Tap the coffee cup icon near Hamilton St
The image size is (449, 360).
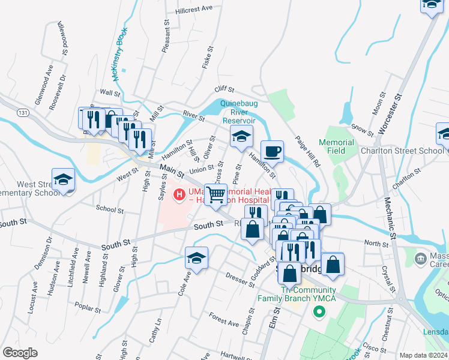point(272,152)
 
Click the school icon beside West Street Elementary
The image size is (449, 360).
point(63,179)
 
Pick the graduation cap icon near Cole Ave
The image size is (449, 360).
point(197,258)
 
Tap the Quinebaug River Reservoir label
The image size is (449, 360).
point(239,112)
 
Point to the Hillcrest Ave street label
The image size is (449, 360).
point(194,9)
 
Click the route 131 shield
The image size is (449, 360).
point(23,112)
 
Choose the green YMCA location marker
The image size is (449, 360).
point(319,312)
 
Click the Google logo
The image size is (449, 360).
point(20,353)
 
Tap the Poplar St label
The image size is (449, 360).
point(88,305)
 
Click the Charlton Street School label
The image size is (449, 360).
point(402,151)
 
